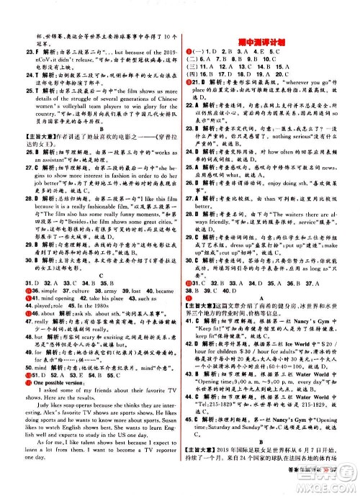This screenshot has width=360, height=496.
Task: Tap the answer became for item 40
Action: click(158, 301)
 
